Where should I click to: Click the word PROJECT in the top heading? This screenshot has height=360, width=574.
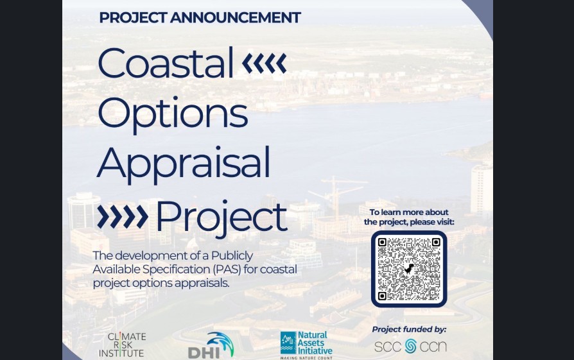tap(133, 17)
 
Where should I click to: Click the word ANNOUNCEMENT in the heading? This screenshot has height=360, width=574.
tap(236, 17)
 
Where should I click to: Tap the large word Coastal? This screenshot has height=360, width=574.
tap(166, 62)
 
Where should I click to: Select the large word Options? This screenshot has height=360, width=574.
tap(173, 114)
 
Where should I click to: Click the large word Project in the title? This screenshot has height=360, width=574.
tap(222, 217)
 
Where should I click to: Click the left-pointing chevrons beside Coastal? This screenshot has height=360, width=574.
tap(265, 63)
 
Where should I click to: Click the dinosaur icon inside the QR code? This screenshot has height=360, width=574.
tap(409, 270)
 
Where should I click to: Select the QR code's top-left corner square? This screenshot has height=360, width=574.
tap(382, 242)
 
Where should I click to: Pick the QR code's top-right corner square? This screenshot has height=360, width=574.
tap(435, 242)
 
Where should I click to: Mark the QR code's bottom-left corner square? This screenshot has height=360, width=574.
tap(382, 296)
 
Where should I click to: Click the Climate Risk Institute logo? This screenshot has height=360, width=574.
tap(122, 345)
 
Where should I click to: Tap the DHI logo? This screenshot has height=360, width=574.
tap(211, 345)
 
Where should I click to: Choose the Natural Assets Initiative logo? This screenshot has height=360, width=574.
tap(306, 345)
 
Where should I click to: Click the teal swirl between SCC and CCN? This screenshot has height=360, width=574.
tap(411, 346)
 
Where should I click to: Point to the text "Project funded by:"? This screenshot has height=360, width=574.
tap(409, 329)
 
